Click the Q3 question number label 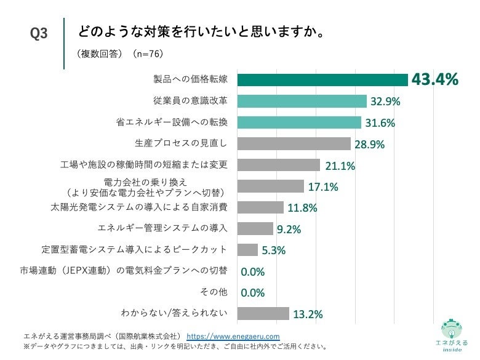[x=39, y=34]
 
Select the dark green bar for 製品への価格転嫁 [x=322, y=80]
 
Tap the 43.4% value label [x=435, y=79]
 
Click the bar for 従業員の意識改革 [x=302, y=101]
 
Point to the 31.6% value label [x=380, y=123]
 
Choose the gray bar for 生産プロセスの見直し [x=294, y=143]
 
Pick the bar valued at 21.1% [x=278, y=165]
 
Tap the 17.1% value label [x=323, y=187]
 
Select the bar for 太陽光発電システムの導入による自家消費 [x=260, y=207]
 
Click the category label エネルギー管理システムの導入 [x=163, y=228]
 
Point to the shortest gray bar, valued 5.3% [x=247, y=250]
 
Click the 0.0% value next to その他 [x=252, y=293]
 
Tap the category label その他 [x=215, y=292]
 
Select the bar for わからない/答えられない [x=263, y=313]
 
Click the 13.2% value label [x=308, y=314]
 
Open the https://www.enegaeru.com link [x=233, y=337]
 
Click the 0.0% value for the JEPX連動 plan [x=252, y=271]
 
